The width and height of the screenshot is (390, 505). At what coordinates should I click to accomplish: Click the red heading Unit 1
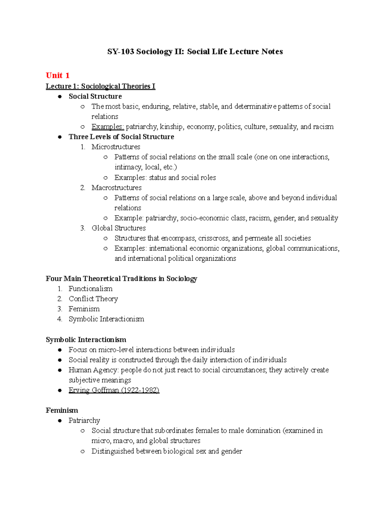(58, 75)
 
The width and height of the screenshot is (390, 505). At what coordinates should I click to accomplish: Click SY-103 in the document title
(121, 51)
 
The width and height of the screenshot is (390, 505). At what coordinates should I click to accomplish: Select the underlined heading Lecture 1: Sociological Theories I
(100, 86)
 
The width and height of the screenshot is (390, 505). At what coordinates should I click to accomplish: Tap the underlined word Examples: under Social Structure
(108, 126)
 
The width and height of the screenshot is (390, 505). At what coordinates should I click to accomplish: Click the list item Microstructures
(116, 147)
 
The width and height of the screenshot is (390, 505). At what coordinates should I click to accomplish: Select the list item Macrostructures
(116, 188)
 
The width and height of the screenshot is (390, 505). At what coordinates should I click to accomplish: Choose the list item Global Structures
(119, 228)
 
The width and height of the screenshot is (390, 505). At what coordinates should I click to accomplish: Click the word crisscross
(213, 238)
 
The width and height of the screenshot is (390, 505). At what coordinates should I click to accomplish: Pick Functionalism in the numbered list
(90, 289)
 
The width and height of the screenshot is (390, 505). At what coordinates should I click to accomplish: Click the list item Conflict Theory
(93, 299)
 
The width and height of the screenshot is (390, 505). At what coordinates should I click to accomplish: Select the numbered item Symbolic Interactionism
(106, 319)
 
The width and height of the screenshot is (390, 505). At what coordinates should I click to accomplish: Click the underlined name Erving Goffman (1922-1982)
(114, 390)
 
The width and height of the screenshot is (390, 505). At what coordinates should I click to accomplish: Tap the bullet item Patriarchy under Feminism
(84, 420)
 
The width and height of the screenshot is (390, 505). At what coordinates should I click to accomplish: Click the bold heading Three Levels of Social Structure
(121, 137)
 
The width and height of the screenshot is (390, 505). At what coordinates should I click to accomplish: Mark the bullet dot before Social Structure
(60, 97)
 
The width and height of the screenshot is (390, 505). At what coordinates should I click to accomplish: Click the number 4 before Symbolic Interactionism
(59, 319)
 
